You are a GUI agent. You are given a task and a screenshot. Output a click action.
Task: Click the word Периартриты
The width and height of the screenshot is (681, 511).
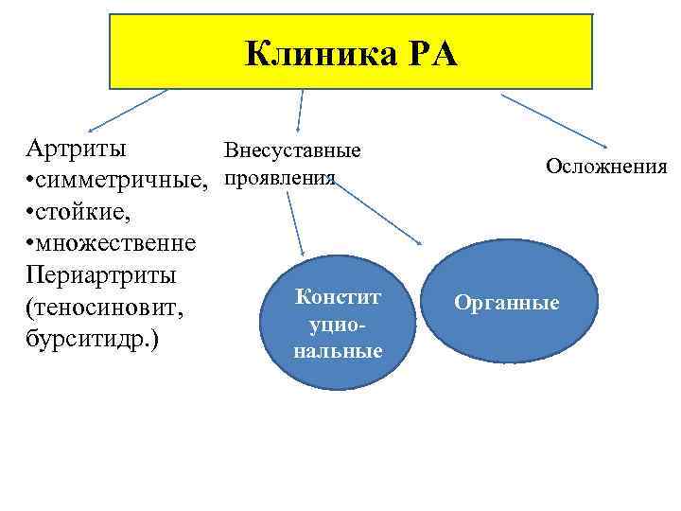point(101,275)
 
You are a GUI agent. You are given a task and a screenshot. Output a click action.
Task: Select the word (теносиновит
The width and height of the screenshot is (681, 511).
point(105,308)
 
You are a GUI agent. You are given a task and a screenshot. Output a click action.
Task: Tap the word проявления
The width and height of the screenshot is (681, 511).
point(280,178)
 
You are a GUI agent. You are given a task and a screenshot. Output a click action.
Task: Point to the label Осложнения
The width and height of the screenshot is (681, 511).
point(605,167)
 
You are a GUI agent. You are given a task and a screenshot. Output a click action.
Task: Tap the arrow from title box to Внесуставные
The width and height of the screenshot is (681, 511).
point(300,109)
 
